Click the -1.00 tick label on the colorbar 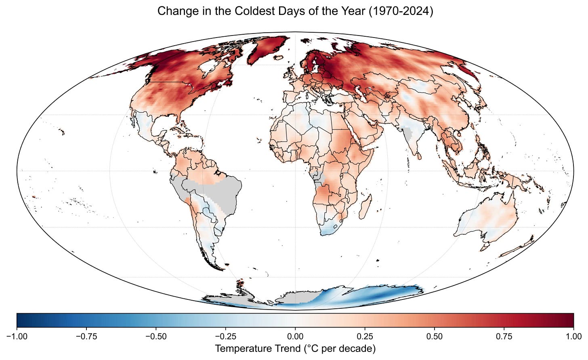click(x=17, y=337)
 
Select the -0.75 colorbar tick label click(x=86, y=337)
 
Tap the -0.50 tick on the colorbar click(x=156, y=337)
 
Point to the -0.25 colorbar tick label click(x=225, y=337)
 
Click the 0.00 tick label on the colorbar click(x=295, y=337)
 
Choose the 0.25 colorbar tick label click(x=365, y=337)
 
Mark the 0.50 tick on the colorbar click(x=435, y=337)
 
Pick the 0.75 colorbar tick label click(x=504, y=337)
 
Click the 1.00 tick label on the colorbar click(x=573, y=337)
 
